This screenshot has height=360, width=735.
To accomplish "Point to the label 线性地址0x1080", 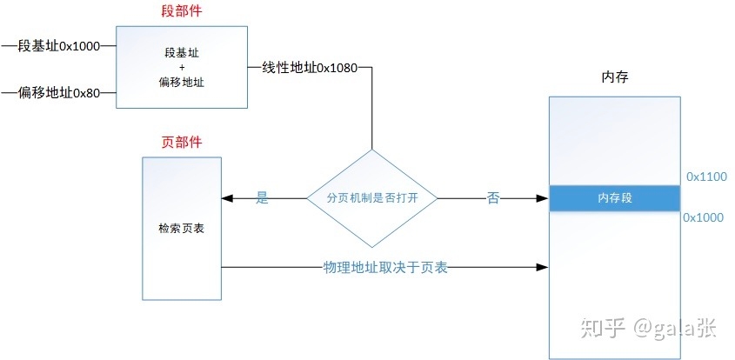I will [309, 68].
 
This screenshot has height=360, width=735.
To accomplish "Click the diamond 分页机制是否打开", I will [372, 198].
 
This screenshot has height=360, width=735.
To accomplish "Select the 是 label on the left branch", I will [262, 198].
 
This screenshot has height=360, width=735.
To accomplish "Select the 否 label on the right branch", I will [493, 198].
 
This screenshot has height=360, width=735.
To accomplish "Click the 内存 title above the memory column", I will [615, 77].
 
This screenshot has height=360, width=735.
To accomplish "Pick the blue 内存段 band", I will [614, 198].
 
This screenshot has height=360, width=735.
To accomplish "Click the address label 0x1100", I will [706, 177].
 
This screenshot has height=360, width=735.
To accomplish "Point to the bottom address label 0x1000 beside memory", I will [705, 217].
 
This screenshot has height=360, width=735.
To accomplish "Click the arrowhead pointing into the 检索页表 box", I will [227, 198].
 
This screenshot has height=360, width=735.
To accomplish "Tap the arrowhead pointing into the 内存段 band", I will [544, 198].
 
